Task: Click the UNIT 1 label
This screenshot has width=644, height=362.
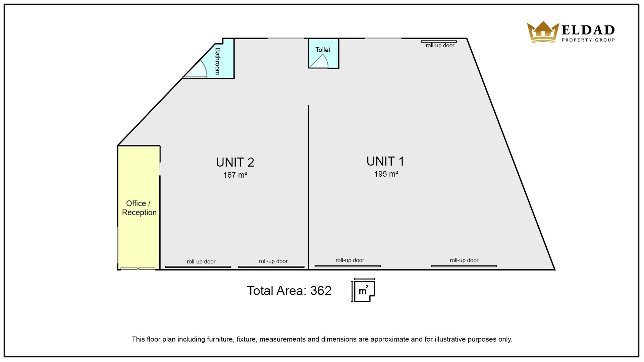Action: pos(385,161)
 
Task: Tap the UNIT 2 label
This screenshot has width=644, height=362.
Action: pos(235,162)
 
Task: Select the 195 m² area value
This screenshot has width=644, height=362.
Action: pos(386,174)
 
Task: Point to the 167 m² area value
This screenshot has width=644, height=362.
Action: pos(235,175)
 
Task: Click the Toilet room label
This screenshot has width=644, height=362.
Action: pos(323,50)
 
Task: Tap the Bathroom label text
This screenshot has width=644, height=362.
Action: pos(218,61)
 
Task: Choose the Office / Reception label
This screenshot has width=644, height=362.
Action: pos(139,208)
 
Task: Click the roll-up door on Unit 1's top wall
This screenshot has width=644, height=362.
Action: pos(439,42)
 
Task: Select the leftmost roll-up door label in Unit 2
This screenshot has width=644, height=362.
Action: pos(201,261)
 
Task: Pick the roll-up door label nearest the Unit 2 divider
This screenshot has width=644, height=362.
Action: pos(273,261)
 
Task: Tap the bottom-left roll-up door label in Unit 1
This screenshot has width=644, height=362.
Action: pos(350,260)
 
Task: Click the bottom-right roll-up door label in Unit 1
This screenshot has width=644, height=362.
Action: pos(464,260)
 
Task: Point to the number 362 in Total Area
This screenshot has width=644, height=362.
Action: pos(321,291)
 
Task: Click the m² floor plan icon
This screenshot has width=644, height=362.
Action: pos(364,290)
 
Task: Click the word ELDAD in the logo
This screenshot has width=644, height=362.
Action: pos(588,30)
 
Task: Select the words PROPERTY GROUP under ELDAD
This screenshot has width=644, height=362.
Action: pos(588,40)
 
